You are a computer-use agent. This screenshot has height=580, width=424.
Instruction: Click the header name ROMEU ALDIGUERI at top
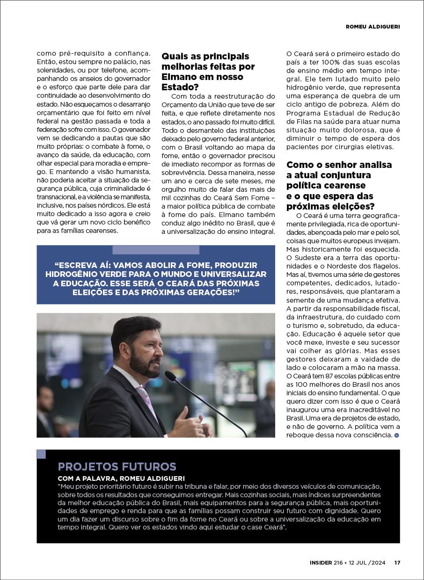(x=373, y=27)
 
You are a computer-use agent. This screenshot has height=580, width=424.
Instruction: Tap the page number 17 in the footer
(x=397, y=563)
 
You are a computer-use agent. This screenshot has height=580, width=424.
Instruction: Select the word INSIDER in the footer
(x=321, y=563)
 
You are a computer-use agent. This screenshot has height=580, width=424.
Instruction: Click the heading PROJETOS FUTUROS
(x=117, y=466)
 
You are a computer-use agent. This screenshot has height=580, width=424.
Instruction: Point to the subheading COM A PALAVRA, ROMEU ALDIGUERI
(x=121, y=478)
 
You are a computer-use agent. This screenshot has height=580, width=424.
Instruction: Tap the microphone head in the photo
(x=170, y=376)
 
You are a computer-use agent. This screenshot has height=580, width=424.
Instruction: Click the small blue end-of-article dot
(x=397, y=435)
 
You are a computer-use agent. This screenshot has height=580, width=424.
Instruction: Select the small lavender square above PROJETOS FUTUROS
(x=41, y=454)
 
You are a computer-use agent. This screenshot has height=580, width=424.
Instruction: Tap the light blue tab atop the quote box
(x=156, y=250)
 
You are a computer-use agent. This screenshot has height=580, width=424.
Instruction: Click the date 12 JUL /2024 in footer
(x=367, y=563)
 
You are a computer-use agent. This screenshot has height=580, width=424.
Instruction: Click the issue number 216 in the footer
(x=338, y=563)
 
